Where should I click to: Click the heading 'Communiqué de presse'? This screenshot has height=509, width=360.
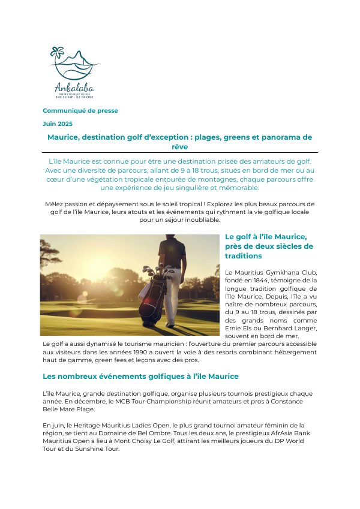click(x=80, y=110)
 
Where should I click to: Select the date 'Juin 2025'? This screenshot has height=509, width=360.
click(x=58, y=123)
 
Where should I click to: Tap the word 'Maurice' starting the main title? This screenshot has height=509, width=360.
click(x=64, y=137)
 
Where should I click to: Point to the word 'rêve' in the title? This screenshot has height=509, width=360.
click(x=180, y=146)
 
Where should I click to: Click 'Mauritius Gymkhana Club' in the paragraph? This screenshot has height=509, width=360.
click(x=268, y=272)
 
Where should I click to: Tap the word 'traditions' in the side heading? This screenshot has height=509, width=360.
click(x=244, y=256)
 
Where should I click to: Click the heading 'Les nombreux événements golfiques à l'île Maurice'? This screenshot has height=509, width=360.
click(x=141, y=376)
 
